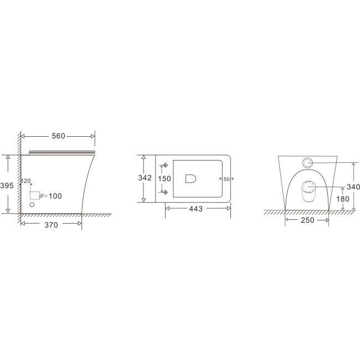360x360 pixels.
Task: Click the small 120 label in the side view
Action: point(25,181)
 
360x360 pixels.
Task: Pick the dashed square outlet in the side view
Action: point(35,194)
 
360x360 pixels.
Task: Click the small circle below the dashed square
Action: point(32,205)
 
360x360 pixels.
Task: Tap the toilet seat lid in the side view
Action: point(61,150)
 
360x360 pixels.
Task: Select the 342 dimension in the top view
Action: point(145,178)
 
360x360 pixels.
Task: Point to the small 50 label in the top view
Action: point(227,179)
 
